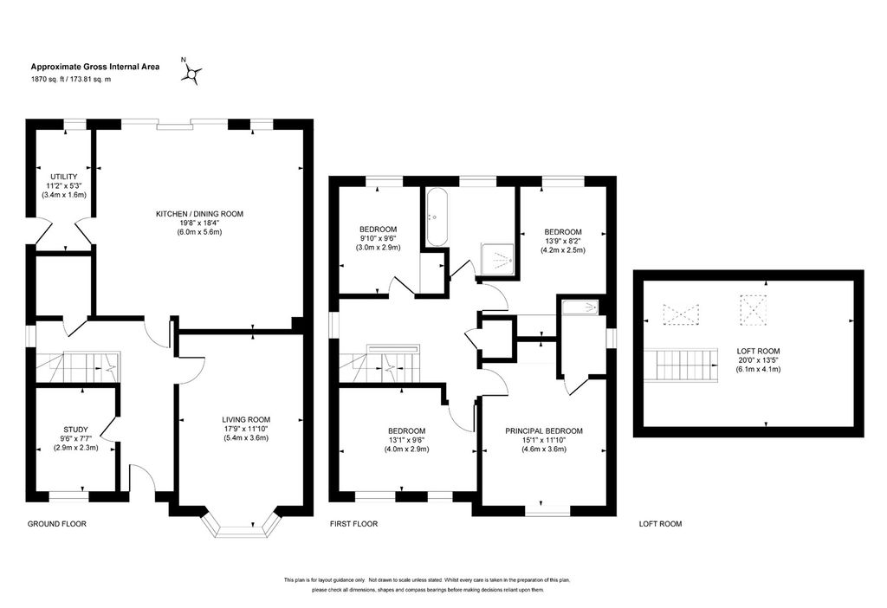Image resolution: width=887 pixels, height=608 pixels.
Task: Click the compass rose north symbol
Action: (191, 73)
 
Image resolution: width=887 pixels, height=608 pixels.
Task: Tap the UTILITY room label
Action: (64, 177)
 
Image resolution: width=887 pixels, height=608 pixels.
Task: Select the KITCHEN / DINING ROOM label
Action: (200, 214)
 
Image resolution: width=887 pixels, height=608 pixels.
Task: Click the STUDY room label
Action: (76, 430)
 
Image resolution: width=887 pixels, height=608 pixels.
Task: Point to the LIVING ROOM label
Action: (246, 420)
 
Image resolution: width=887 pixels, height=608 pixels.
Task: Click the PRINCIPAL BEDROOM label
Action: (544, 431)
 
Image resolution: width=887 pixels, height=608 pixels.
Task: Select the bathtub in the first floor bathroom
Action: (437, 217)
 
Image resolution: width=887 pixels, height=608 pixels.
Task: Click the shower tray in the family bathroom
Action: (498, 261)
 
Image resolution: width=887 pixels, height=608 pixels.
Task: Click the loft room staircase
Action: (681, 365)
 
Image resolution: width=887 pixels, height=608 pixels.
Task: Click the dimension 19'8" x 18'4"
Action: (200, 223)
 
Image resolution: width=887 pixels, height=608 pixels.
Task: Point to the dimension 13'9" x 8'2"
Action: (563, 241)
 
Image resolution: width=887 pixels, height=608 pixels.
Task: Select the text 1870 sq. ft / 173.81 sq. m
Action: (71, 80)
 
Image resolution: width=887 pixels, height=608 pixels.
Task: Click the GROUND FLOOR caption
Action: (57, 524)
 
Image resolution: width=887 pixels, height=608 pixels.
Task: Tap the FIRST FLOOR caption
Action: (354, 524)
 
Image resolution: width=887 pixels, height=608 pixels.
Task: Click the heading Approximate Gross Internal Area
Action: (95, 67)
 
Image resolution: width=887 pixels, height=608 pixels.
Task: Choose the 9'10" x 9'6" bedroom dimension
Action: (379, 239)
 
